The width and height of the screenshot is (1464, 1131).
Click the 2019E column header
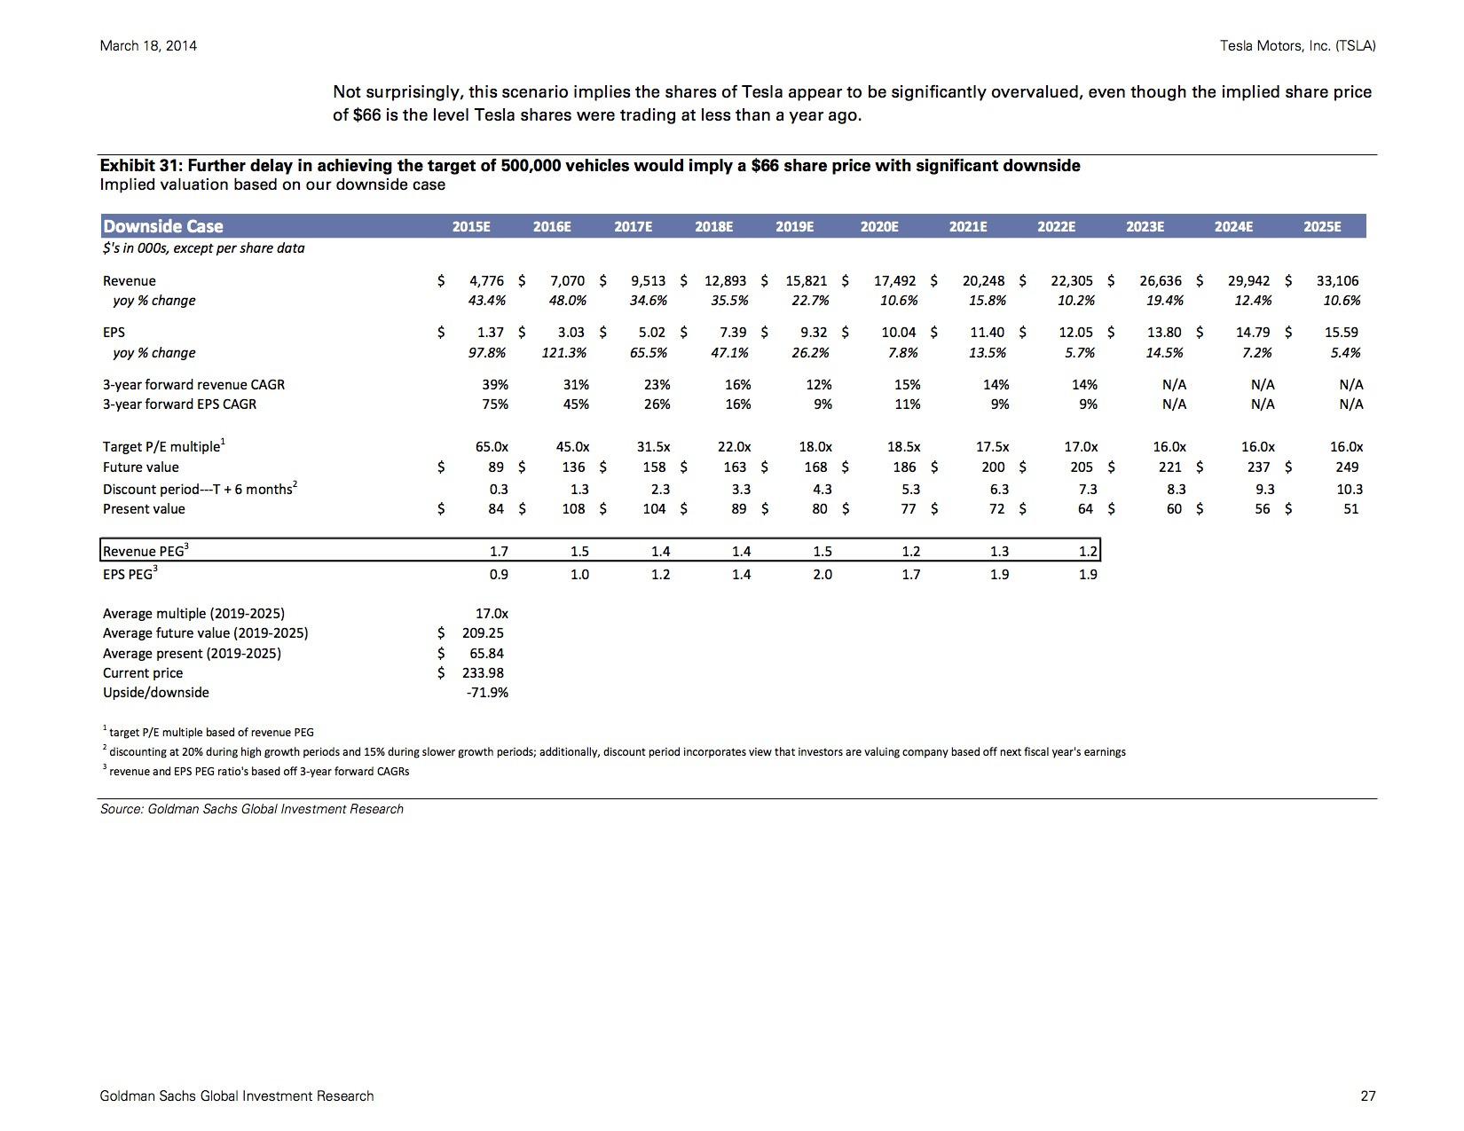coord(794,226)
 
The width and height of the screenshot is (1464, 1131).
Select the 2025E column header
coord(1322,226)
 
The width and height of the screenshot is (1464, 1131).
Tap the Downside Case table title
coord(163,226)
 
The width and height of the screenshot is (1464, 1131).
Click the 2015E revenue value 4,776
coord(486,281)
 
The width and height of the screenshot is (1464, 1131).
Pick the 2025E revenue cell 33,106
coord(1337,281)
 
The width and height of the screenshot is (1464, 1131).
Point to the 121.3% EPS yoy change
coord(564,353)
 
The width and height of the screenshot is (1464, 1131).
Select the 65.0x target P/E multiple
coord(492,446)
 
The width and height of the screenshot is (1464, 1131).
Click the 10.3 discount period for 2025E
coord(1350,489)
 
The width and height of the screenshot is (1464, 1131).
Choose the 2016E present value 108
coord(573,508)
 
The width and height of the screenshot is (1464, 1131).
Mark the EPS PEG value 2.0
coord(822,574)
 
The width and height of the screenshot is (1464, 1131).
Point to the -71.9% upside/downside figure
coord(487,693)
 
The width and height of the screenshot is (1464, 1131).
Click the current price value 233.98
coord(483,673)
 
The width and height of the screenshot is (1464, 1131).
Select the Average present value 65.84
coord(486,654)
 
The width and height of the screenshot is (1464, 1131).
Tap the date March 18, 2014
coord(148,46)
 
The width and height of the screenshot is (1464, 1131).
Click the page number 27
coord(1367,1096)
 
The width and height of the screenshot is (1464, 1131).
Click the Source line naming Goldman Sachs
coord(252,809)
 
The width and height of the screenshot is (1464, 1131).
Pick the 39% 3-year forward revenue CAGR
coord(495,385)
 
